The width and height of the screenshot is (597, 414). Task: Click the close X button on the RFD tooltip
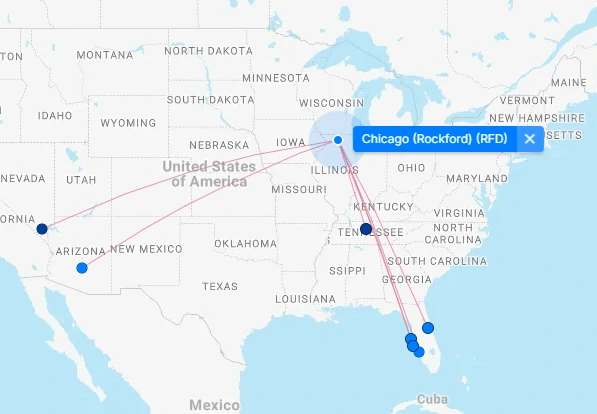click(x=530, y=139)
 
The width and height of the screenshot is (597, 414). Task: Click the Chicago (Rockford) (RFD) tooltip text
click(x=434, y=139)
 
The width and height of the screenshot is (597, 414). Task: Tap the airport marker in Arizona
click(x=82, y=268)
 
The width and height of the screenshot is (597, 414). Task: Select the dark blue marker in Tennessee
click(x=366, y=229)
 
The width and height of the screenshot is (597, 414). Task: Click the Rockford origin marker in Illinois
click(x=338, y=140)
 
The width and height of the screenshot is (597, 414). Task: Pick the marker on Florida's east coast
click(x=428, y=327)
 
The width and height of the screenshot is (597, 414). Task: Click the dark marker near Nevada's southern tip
click(x=42, y=229)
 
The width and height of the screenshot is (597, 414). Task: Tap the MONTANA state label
click(x=104, y=54)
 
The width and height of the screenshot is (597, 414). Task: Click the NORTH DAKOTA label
click(x=210, y=51)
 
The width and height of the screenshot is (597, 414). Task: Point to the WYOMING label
click(x=128, y=123)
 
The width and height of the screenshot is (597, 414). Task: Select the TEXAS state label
click(x=220, y=286)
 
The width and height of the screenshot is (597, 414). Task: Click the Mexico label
click(x=213, y=405)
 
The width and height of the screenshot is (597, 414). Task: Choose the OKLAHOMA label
click(x=244, y=243)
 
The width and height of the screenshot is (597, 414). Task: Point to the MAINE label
click(x=568, y=82)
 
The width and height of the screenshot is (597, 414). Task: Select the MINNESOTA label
click(x=276, y=77)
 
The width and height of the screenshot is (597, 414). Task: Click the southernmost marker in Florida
click(x=419, y=352)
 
